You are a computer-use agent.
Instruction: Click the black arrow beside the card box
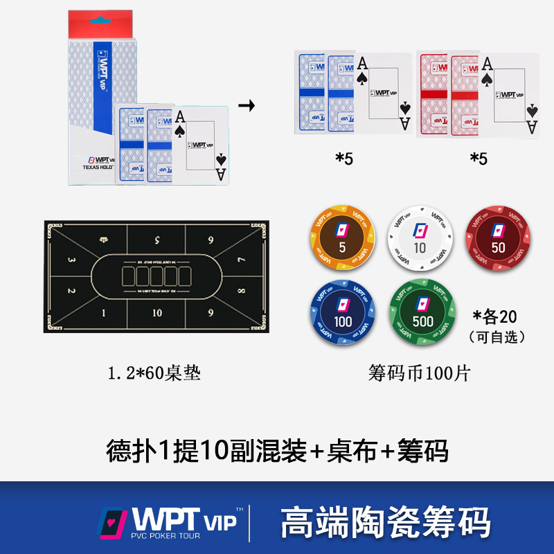(246, 106)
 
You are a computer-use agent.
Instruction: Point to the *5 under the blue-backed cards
(344, 159)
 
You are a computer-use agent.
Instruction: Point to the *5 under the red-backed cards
(479, 159)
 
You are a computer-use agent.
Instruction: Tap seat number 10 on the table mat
(157, 313)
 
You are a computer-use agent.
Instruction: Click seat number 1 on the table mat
(105, 313)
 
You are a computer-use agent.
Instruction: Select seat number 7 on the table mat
(240, 260)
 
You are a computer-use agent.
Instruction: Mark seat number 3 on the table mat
(72, 260)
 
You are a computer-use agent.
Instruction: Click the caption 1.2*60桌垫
(154, 374)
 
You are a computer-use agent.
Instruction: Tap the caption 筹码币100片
(420, 374)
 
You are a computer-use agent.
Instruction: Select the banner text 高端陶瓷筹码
(386, 522)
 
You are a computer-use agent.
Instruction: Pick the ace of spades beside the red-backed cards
(512, 93)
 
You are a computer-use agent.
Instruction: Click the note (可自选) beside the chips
(497, 337)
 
